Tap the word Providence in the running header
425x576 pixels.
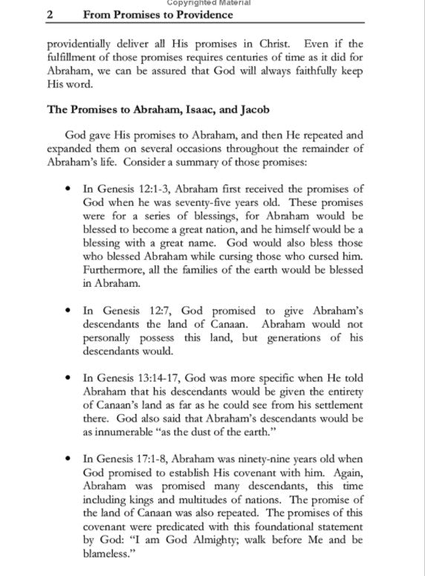(198, 14)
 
